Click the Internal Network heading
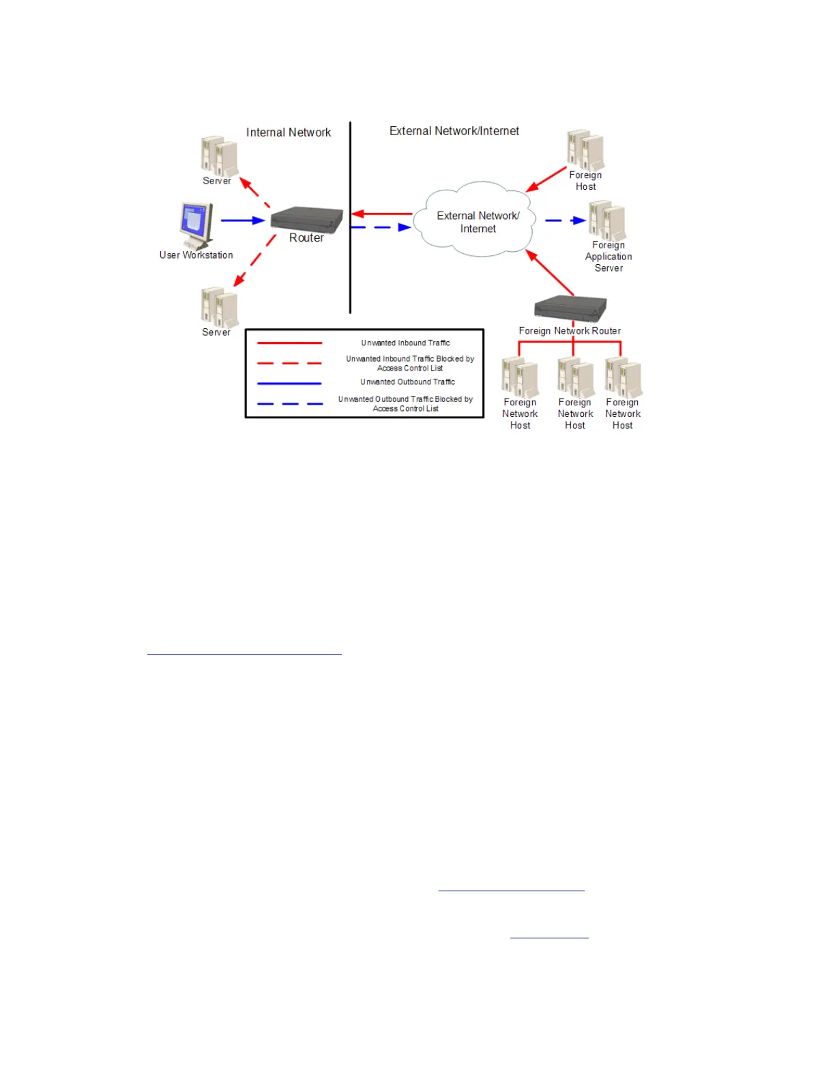tap(288, 132)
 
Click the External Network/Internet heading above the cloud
tap(454, 131)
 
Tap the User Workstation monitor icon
tap(196, 224)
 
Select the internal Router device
tap(306, 219)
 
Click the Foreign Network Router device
tap(570, 308)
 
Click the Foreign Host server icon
tap(585, 150)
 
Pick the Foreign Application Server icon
tap(607, 220)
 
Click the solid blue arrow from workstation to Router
tap(243, 220)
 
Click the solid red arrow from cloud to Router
tap(382, 214)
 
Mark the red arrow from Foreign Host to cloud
tap(546, 179)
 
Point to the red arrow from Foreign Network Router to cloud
tap(550, 273)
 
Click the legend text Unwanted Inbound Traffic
tap(405, 343)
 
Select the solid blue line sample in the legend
tap(289, 384)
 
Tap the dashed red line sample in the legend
tap(289, 363)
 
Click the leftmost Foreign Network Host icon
tap(520, 377)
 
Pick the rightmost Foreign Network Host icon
tap(624, 377)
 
